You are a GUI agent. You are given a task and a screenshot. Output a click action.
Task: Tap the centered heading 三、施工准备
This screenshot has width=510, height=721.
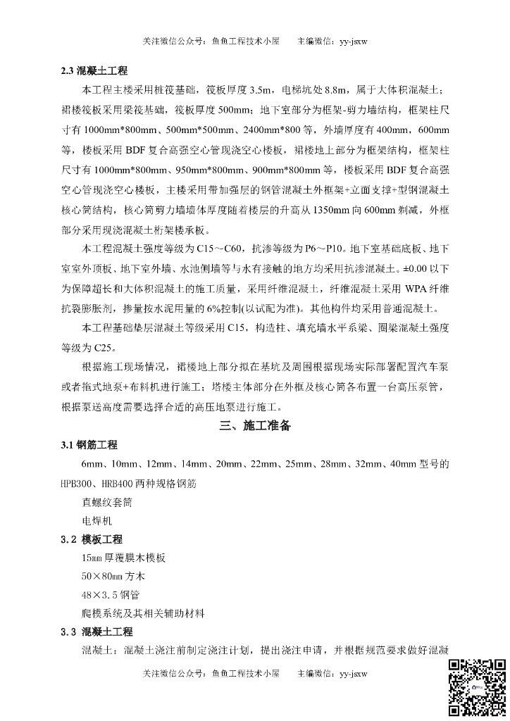(254, 426)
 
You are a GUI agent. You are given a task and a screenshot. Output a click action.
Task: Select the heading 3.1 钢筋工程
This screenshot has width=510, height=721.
(89, 446)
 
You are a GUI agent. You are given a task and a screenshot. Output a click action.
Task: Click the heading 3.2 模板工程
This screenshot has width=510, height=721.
(91, 539)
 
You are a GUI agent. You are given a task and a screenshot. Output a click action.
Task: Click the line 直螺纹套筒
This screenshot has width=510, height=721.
(106, 503)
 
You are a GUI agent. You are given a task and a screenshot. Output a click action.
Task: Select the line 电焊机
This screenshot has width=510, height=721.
(97, 521)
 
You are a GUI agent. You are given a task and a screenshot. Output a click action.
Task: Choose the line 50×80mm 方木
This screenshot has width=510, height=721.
(113, 576)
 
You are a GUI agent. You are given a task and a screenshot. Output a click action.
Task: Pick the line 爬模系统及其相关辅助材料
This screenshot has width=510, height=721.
(143, 613)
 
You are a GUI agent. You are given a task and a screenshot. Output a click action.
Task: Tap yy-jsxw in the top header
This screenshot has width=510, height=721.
(353, 41)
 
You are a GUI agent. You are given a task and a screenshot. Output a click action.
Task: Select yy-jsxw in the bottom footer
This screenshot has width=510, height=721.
(353, 675)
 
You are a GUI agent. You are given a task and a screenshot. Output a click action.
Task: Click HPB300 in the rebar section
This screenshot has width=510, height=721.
(79, 484)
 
